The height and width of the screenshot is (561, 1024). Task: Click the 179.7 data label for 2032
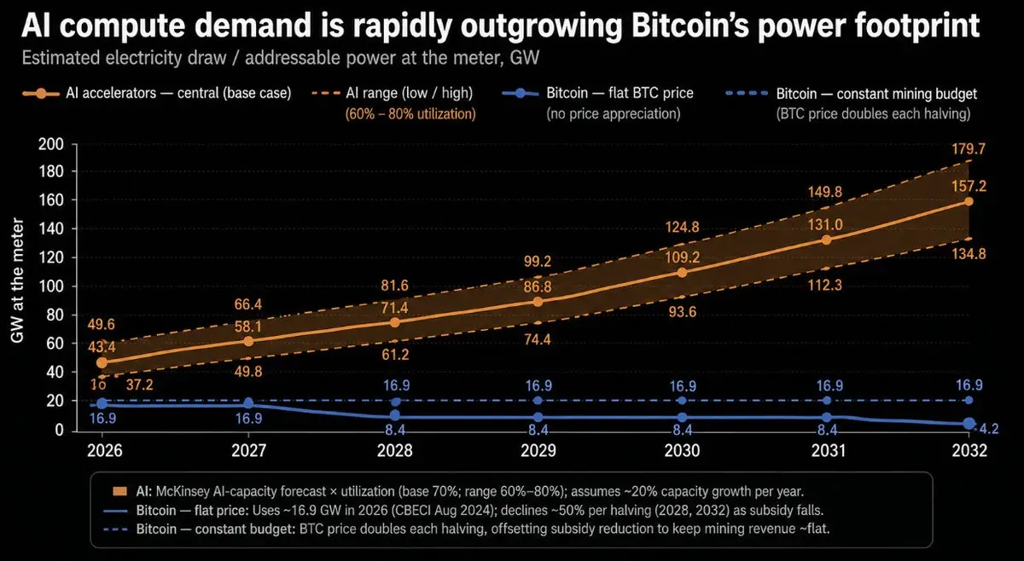(969, 149)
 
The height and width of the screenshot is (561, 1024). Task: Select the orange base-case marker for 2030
(682, 273)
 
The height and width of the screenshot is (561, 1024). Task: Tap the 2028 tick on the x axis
(394, 451)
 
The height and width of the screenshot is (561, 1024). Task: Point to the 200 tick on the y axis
(50, 144)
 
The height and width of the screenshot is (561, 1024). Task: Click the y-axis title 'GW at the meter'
(17, 280)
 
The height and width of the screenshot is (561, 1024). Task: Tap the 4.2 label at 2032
(989, 429)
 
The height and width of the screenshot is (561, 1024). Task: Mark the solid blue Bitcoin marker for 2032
(969, 424)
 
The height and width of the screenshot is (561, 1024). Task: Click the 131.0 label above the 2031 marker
(825, 225)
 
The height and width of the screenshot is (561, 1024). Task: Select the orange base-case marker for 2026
(102, 362)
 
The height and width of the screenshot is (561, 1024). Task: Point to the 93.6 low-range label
(682, 312)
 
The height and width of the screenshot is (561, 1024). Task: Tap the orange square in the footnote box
(119, 492)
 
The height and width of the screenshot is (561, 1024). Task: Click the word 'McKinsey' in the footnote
(183, 492)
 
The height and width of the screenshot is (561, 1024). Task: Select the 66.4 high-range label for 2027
(248, 304)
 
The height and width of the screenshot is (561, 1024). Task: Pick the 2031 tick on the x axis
(829, 451)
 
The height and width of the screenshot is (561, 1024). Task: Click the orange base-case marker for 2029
(538, 302)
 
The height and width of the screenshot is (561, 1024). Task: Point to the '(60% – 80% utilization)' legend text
(410, 113)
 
